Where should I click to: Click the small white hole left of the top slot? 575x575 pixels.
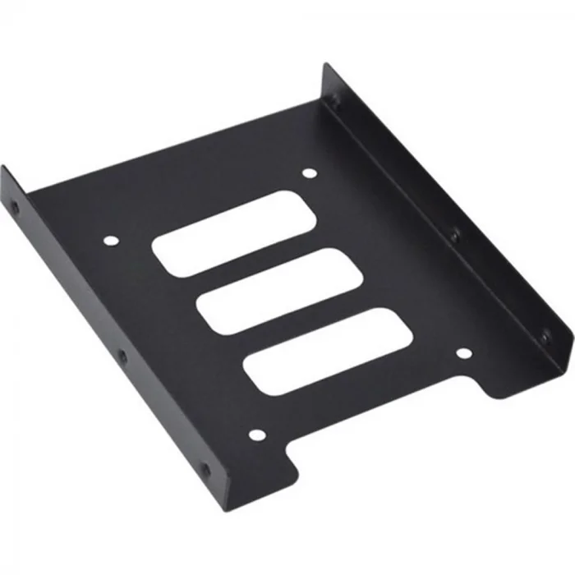pos(112,241)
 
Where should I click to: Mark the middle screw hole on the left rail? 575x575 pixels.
pos(122,356)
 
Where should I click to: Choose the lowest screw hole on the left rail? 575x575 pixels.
pos(205,471)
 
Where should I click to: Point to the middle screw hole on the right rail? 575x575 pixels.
pos(453,236)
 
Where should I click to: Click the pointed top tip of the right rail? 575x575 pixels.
pos(325,65)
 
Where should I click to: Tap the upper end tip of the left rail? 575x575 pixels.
pos(3,168)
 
